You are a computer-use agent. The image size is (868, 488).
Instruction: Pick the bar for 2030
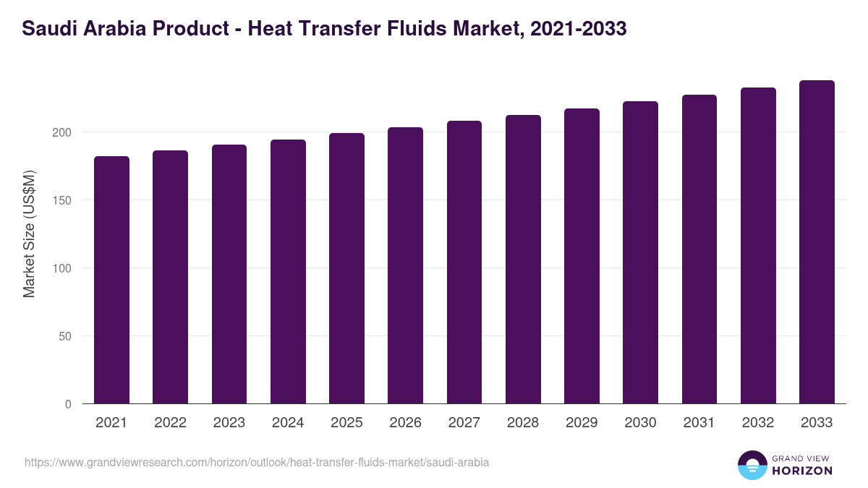point(641,252)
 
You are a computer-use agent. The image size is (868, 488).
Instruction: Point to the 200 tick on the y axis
point(64,132)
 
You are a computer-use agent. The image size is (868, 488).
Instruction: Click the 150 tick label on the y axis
point(64,200)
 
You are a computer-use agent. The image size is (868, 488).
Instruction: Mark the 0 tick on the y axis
point(69,404)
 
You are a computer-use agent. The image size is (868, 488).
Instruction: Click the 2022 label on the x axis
point(170,423)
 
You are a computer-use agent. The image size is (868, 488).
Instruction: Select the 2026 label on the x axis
point(405,423)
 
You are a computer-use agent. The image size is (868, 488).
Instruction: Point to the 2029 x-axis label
point(582,423)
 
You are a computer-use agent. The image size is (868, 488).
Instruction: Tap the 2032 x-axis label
point(758,423)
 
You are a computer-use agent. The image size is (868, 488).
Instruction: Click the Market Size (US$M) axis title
point(30,234)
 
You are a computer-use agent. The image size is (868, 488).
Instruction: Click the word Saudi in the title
point(45,29)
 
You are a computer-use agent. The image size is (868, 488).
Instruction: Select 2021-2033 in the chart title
point(578,29)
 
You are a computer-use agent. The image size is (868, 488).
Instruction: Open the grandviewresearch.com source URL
point(257,462)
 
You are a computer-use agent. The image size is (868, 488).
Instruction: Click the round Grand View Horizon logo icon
point(752,465)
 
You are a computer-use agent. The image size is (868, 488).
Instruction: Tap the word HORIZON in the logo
point(802,471)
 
